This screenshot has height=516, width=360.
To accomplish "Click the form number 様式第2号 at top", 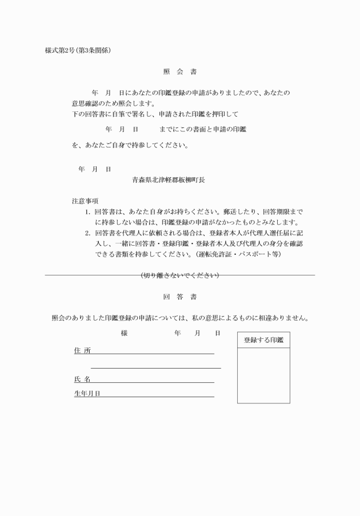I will click(x=61, y=50).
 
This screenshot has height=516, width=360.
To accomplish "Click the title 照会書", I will click(x=179, y=72).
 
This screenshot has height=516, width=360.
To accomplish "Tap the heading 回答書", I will click(x=179, y=297).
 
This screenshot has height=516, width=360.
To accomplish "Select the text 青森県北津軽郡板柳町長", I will click(x=169, y=179).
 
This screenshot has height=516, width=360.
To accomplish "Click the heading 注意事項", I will click(x=85, y=201).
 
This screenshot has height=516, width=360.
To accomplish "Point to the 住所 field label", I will click(x=82, y=350).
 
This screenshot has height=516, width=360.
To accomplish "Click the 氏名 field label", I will click(x=82, y=379).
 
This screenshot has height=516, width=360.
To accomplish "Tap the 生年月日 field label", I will click(x=87, y=394).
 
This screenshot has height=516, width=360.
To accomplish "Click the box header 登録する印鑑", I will click(x=263, y=340).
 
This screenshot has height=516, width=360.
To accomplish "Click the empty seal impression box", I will click(x=263, y=375).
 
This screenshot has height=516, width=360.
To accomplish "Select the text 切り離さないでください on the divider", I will click(x=179, y=276).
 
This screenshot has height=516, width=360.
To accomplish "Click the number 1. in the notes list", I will click(x=88, y=211).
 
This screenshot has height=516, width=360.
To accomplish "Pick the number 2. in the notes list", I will click(x=88, y=233).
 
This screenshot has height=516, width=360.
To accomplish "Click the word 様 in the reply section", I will click(x=124, y=333).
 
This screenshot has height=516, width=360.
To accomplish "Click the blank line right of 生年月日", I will click(x=157, y=394).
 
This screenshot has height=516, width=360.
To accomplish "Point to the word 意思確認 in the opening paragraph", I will click(x=85, y=103).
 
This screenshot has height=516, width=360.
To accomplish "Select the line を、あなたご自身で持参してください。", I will click(x=130, y=145).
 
